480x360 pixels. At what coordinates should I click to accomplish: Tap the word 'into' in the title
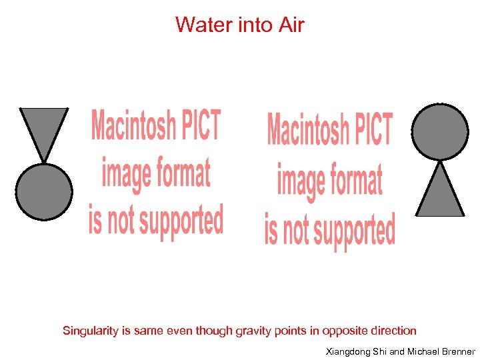(252, 25)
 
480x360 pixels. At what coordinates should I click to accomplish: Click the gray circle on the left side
(44, 191)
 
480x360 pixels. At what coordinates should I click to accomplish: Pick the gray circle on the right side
(439, 131)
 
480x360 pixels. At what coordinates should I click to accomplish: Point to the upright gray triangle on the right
(440, 194)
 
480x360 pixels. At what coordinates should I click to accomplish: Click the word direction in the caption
(393, 331)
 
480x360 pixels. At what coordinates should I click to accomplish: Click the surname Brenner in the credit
(457, 351)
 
